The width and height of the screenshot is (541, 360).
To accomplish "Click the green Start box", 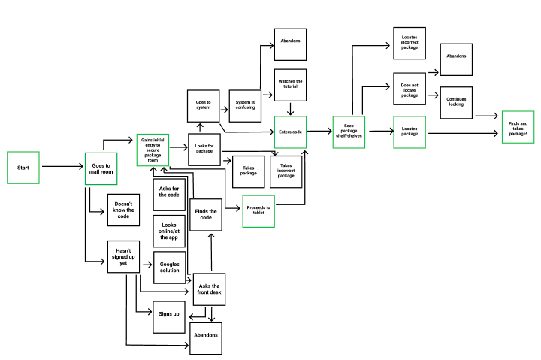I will tap(24, 168).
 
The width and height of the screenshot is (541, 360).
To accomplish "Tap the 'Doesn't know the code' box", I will tap(124, 210).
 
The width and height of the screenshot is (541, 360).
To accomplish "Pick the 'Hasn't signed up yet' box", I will tap(124, 259).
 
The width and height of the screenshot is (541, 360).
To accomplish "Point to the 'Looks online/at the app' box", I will tap(168, 231).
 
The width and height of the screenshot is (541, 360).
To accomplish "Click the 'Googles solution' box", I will tap(168, 267).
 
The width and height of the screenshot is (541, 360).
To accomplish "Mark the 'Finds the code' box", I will tap(205, 215).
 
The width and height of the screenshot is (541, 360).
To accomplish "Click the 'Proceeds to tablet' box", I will tap(258, 211).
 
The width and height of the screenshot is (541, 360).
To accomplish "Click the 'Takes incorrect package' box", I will tap(286, 171).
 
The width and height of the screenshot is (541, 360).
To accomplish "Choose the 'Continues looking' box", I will tap(455, 101).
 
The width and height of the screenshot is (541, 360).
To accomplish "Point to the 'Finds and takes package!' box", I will tap(518, 127).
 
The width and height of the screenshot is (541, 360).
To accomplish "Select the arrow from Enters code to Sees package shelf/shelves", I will tap(319, 132).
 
